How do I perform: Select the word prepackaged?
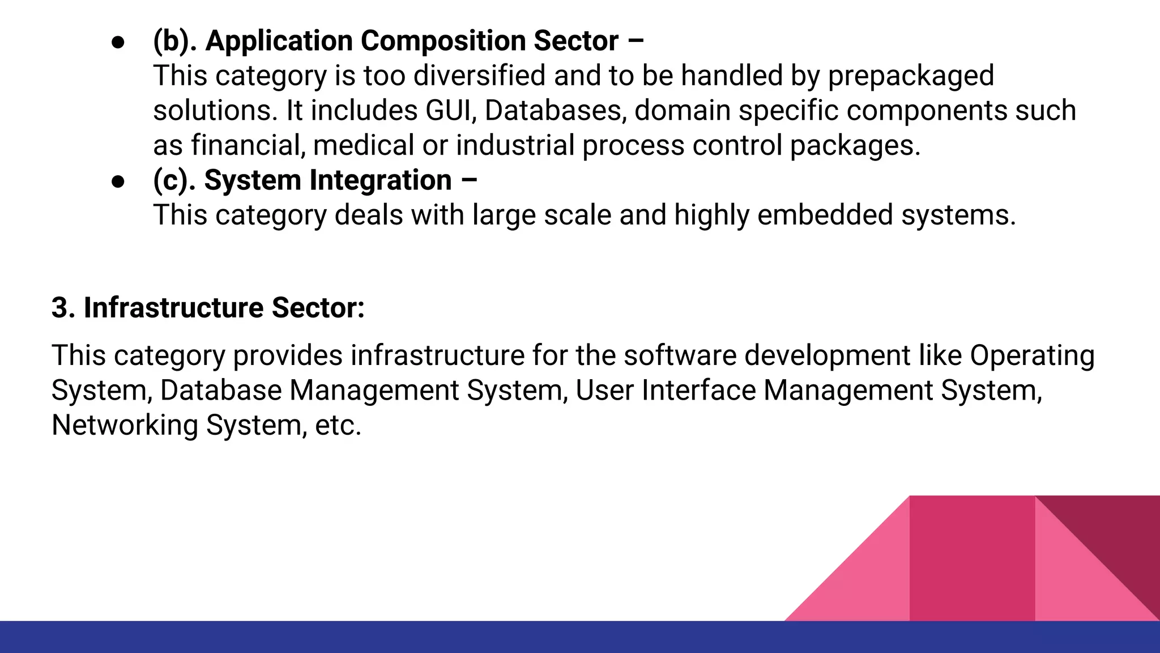point(911,76)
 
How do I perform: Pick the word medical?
point(364,145)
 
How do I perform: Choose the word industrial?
point(515,145)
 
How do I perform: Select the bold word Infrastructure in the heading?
point(173,308)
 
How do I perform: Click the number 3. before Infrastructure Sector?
point(63,308)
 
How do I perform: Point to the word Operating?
point(1032,356)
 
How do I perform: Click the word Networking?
point(125,425)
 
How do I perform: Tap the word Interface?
point(698,391)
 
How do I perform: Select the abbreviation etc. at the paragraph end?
point(338,425)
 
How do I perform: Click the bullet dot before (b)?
point(118,43)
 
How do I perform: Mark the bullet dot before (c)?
point(118,181)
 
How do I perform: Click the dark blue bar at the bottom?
point(396,637)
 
